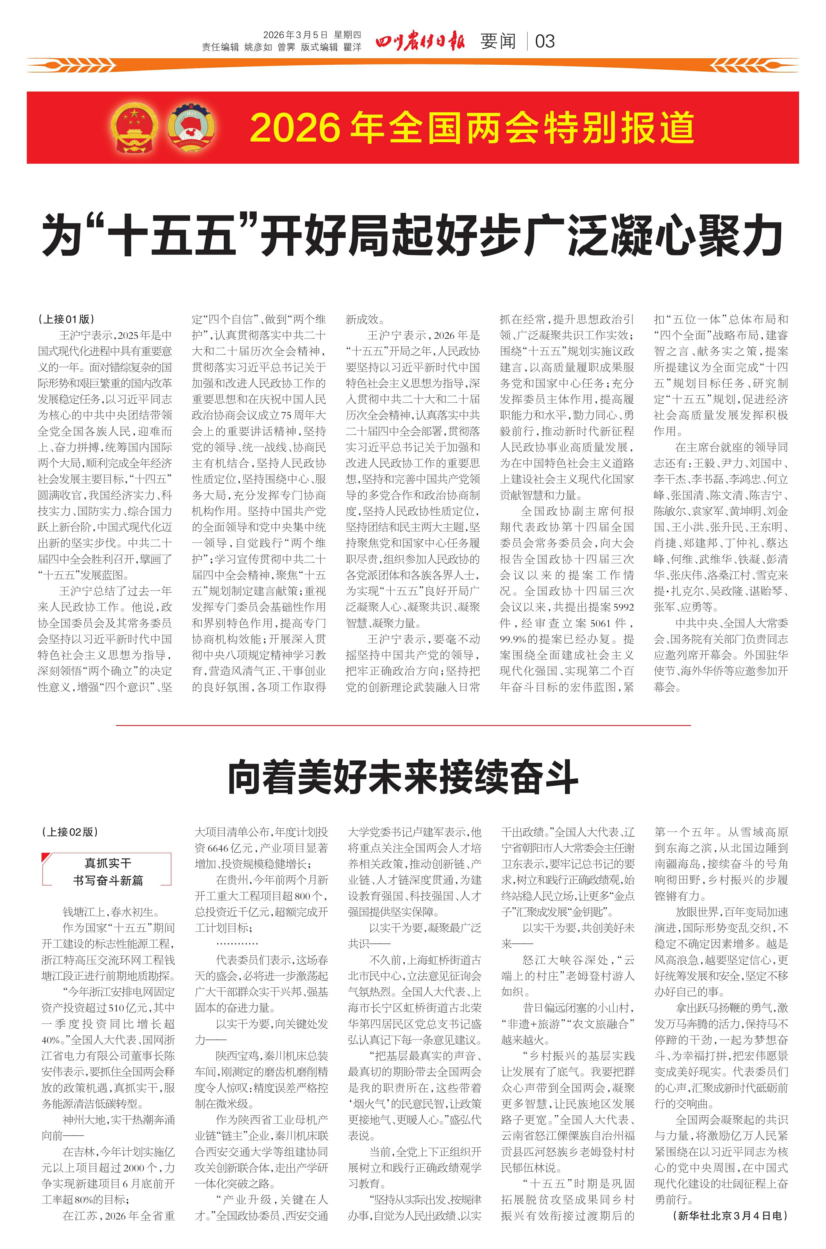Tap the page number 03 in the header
click(545, 41)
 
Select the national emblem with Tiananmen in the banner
click(134, 127)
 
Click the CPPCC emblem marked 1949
click(192, 127)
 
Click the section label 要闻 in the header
click(498, 41)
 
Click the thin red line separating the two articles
click(403, 725)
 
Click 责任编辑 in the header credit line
click(220, 47)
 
